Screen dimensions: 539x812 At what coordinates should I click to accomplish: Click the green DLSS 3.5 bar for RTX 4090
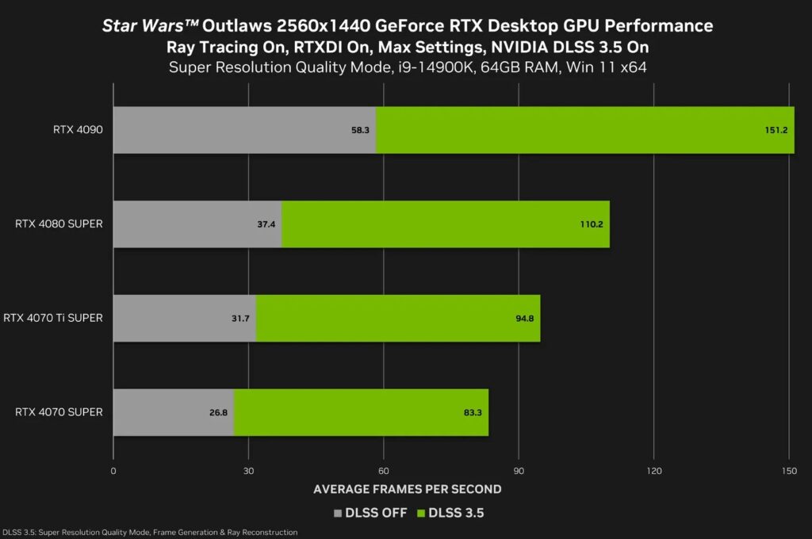click(x=584, y=130)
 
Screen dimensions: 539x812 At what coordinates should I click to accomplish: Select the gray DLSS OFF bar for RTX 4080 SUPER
click(x=197, y=224)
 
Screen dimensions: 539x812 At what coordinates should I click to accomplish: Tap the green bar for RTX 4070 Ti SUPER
click(x=398, y=319)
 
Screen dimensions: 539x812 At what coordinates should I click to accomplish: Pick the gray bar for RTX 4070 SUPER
click(x=174, y=413)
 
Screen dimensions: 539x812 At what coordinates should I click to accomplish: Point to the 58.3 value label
click(x=361, y=130)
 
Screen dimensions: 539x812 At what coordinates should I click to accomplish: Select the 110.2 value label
click(x=591, y=224)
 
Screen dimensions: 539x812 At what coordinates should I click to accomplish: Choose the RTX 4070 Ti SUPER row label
click(x=53, y=319)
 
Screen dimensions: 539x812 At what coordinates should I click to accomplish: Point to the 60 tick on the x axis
click(x=384, y=471)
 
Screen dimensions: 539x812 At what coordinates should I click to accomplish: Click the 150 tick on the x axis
click(x=788, y=471)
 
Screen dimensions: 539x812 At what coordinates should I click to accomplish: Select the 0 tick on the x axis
click(x=113, y=471)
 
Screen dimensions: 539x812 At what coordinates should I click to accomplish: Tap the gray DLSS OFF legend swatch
click(x=339, y=513)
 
